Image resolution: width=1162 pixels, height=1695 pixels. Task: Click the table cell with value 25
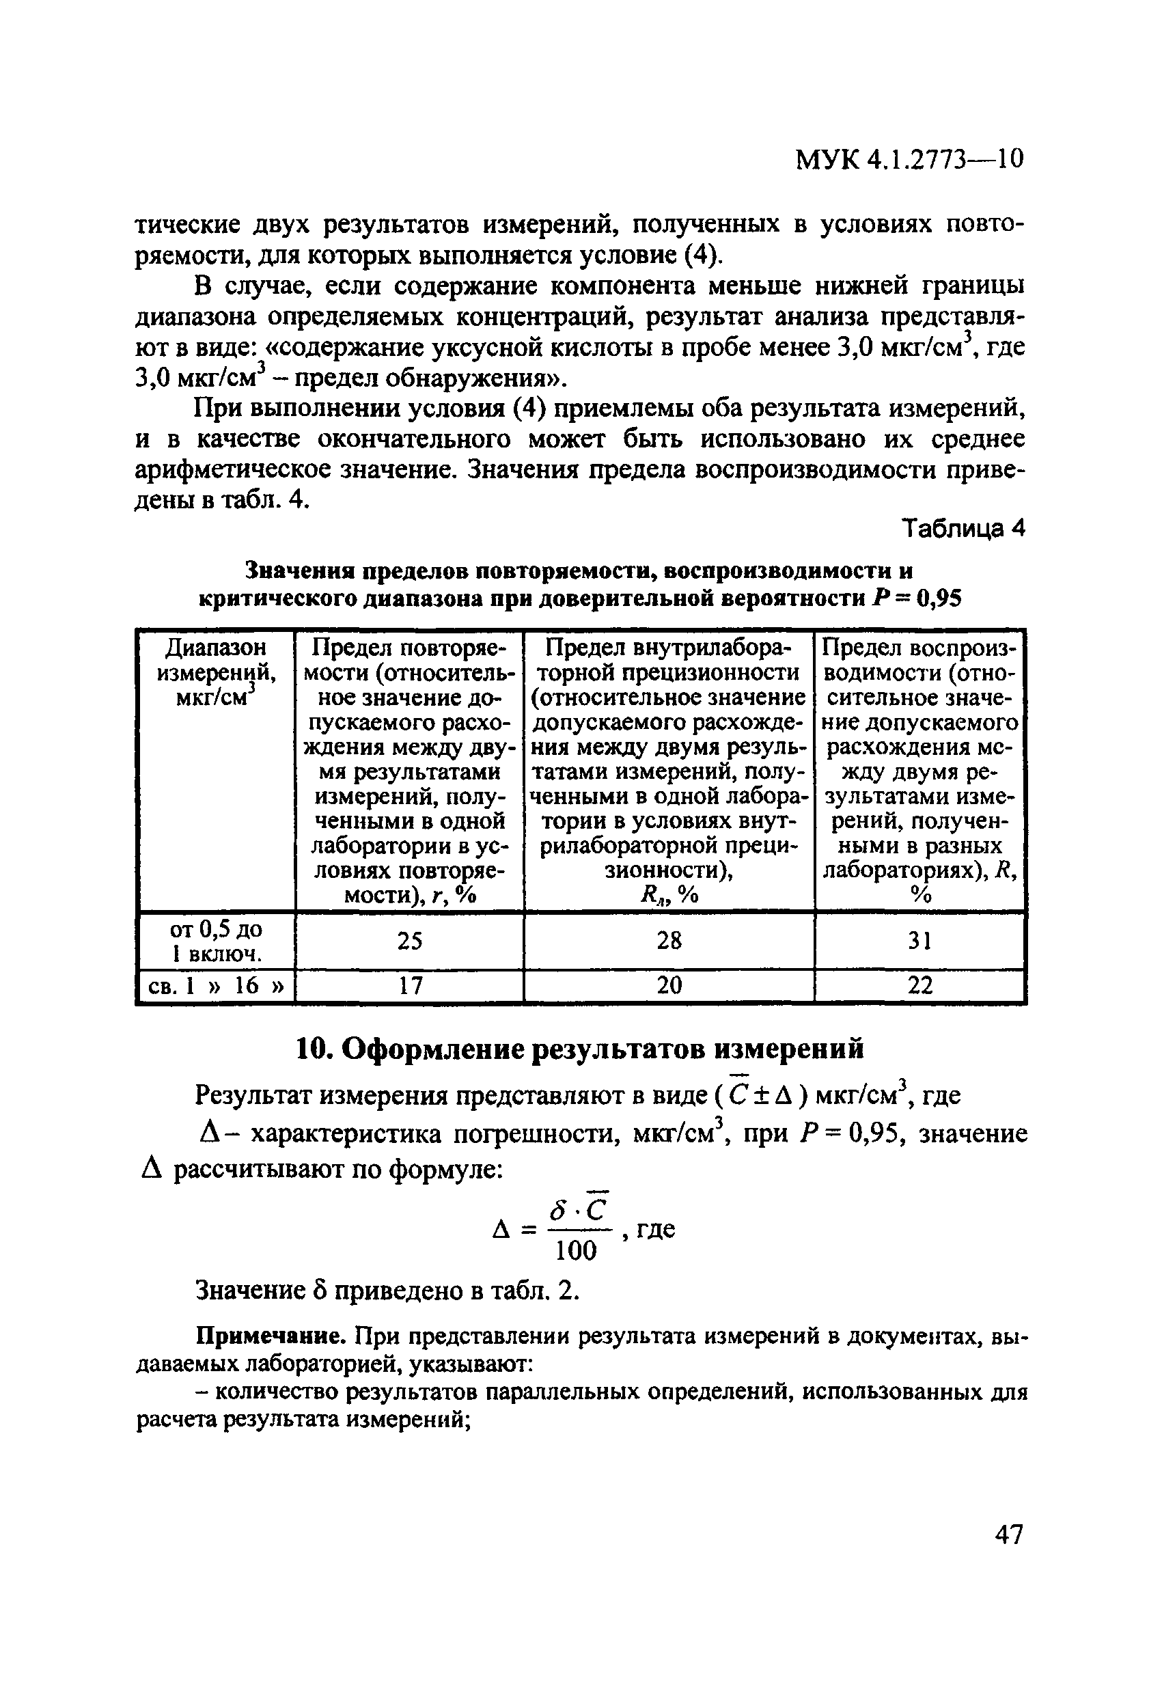click(x=410, y=941)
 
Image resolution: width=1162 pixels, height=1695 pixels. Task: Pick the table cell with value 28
click(x=669, y=941)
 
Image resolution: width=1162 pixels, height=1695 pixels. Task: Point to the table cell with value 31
click(x=919, y=941)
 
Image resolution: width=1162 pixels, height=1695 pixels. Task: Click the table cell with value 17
click(x=410, y=986)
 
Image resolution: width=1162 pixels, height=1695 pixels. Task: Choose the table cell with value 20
click(x=669, y=986)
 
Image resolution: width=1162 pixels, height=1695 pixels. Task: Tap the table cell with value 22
click(x=919, y=986)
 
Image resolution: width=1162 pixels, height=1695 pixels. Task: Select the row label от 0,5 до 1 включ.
click(x=216, y=941)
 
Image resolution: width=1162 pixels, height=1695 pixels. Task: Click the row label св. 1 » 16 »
click(x=216, y=986)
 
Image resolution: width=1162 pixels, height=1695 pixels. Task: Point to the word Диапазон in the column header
click(x=216, y=648)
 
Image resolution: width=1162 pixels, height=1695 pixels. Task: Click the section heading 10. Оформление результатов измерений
click(x=580, y=1049)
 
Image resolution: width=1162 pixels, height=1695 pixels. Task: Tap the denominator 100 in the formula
click(x=575, y=1252)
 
